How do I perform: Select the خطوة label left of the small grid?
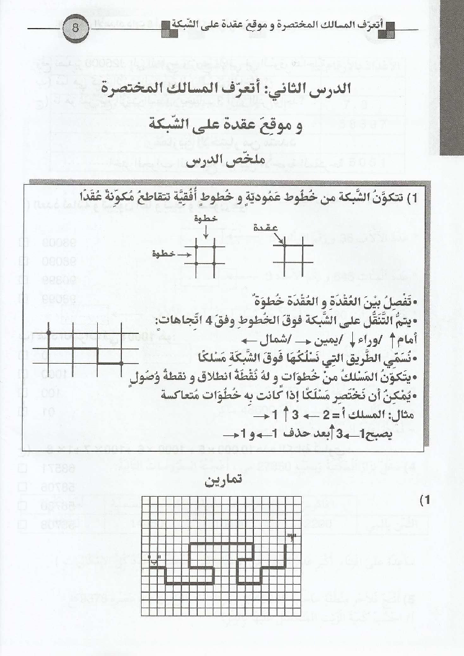click(x=163, y=254)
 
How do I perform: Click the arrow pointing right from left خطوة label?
click(x=184, y=254)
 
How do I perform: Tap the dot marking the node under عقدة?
click(x=284, y=245)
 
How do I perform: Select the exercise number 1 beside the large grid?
click(x=427, y=501)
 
